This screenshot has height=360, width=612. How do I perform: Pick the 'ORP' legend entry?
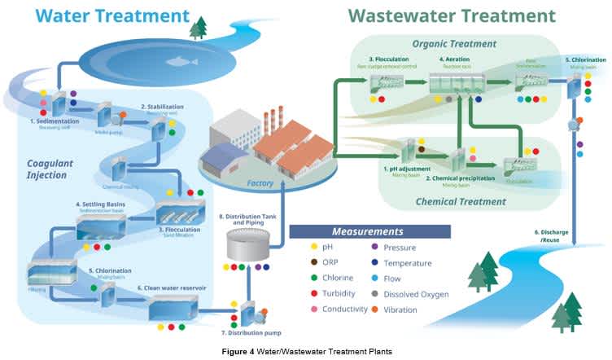330,263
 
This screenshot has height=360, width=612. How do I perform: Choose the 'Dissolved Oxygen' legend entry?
417,293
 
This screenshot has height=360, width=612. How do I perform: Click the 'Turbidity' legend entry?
334,293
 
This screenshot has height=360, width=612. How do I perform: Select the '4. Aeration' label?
454,59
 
